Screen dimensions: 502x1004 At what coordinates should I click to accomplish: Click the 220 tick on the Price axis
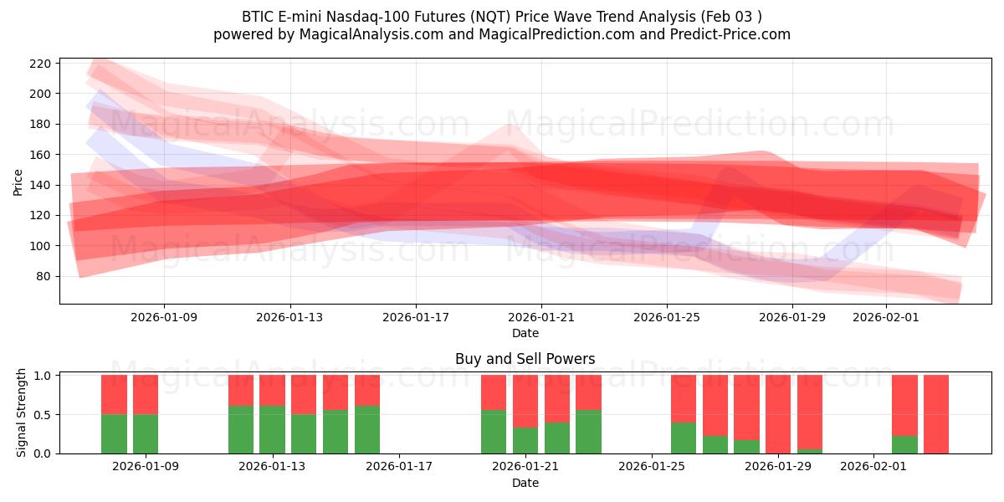[43, 64]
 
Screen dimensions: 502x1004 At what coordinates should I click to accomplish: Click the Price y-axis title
[18, 181]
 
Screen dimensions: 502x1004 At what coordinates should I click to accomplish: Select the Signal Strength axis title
[22, 412]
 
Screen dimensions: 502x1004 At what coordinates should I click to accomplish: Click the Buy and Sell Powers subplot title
[525, 359]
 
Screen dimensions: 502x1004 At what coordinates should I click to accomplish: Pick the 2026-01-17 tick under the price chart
[416, 317]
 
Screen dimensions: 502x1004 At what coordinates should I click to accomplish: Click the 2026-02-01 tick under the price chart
[886, 317]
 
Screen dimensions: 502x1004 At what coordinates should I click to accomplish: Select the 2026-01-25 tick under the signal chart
[652, 467]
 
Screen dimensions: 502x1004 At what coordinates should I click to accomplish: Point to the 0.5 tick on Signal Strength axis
[41, 414]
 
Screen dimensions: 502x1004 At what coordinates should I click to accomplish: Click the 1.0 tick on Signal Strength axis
[41, 376]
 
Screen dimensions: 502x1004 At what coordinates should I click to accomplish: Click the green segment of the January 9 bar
[146, 433]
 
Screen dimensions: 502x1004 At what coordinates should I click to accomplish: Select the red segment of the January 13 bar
[272, 390]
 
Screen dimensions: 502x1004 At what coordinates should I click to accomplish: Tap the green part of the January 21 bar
[525, 440]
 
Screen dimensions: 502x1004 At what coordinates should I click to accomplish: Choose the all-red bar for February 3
[936, 414]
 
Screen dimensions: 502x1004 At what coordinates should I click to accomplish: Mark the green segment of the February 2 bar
[904, 444]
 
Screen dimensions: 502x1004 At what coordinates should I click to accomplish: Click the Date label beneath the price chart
[525, 333]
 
